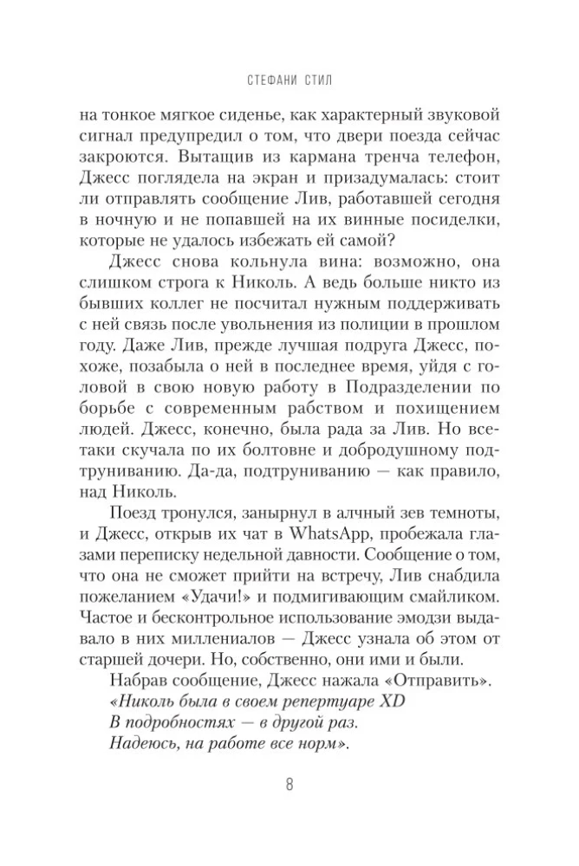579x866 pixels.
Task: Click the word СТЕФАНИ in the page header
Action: [267, 83]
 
